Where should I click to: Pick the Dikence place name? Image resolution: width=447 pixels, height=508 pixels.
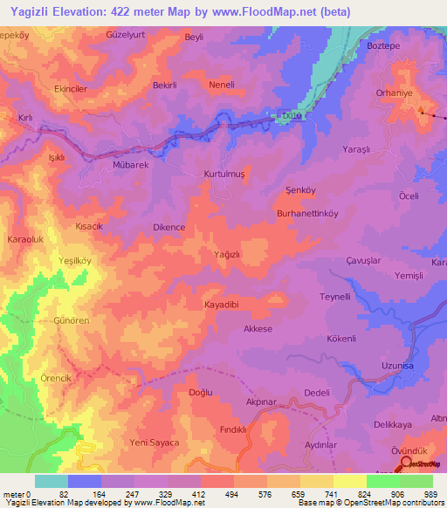point(168,227)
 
